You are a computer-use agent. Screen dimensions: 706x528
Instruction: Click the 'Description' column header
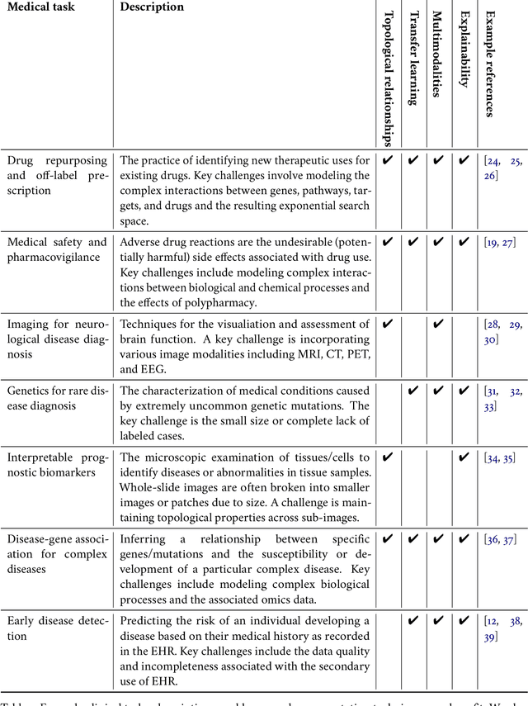[152, 7]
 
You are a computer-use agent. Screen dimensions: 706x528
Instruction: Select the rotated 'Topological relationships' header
[389, 74]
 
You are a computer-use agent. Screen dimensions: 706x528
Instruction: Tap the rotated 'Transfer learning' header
[412, 58]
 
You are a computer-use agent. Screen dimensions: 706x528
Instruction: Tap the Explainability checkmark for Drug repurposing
[464, 161]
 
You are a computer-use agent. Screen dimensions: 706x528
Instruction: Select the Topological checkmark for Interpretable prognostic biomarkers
[389, 456]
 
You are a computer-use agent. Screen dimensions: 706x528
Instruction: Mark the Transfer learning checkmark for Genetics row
[413, 390]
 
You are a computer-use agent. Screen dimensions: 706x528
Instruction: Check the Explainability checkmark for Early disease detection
[464, 619]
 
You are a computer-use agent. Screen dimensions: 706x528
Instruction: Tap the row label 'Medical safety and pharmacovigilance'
[57, 249]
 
